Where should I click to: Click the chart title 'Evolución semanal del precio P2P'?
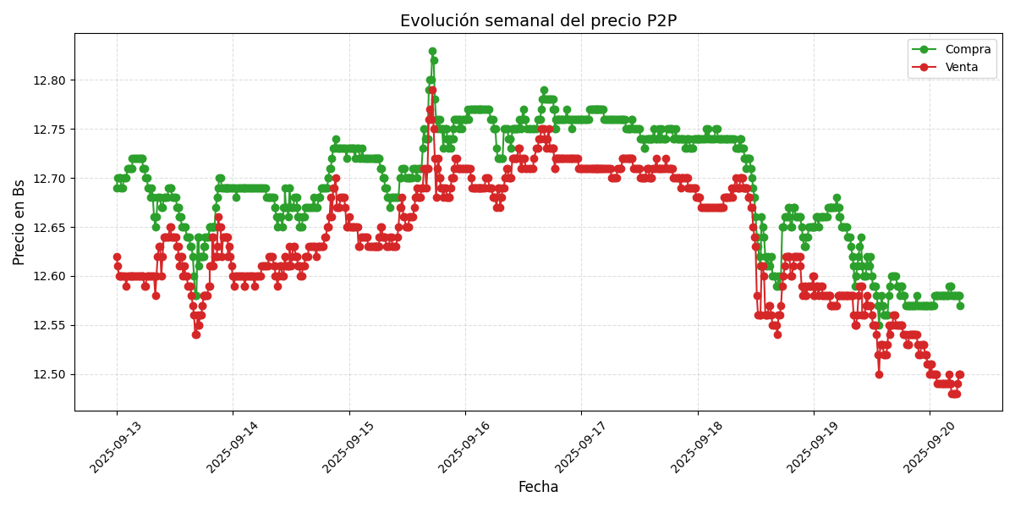pyautogui.click(x=538, y=21)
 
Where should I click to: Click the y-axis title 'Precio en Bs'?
pyautogui.click(x=19, y=222)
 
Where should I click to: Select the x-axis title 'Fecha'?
pyautogui.click(x=538, y=488)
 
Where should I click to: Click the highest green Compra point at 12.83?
pyautogui.click(x=432, y=52)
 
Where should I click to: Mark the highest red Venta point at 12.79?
pyautogui.click(x=432, y=90)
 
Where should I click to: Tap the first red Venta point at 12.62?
pyautogui.click(x=117, y=257)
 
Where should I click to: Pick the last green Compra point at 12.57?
pyautogui.click(x=960, y=306)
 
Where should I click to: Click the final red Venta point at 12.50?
pyautogui.click(x=959, y=374)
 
